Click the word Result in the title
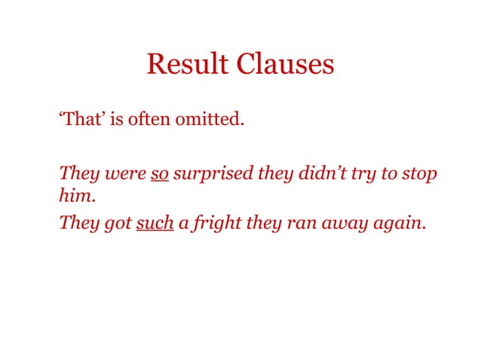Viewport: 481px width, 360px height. click(x=188, y=64)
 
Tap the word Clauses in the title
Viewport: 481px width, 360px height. click(x=286, y=64)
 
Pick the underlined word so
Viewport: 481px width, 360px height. click(x=159, y=174)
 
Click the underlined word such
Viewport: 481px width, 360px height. click(x=155, y=223)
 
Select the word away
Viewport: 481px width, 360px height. click(x=343, y=224)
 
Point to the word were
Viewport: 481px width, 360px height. click(x=126, y=174)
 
